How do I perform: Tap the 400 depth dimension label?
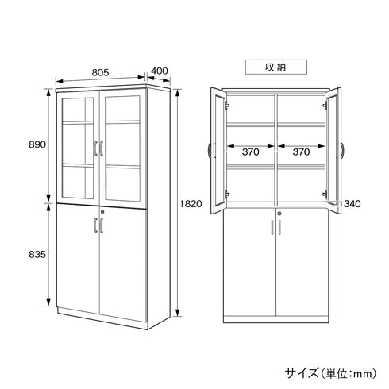(x=159, y=71)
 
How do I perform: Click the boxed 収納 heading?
(x=275, y=67)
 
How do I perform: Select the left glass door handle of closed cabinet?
(x=94, y=148)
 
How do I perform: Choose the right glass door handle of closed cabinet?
(x=102, y=148)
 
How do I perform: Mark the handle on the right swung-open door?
(x=343, y=148)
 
